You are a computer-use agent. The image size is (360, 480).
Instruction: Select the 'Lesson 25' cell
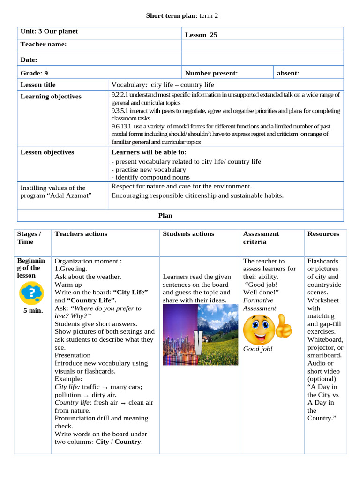click(x=201, y=35)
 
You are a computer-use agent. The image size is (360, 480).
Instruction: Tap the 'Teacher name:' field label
click(x=44, y=45)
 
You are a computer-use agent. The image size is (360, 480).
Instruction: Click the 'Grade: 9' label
click(x=34, y=73)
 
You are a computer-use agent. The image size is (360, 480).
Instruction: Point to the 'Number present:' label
click(x=211, y=73)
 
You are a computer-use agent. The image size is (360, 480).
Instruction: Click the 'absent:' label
click(x=288, y=73)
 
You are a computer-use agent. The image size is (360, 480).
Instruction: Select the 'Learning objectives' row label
click(x=51, y=97)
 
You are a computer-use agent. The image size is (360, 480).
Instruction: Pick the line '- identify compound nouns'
click(x=150, y=177)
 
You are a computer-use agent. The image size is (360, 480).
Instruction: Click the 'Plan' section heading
click(x=165, y=216)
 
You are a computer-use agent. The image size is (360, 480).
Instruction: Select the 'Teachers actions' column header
click(x=81, y=234)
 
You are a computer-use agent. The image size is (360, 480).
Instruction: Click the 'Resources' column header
click(x=323, y=234)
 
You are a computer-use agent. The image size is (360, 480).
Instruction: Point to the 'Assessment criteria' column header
click(x=261, y=238)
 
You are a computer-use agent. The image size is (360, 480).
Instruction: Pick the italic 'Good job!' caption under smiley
click(x=258, y=349)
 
